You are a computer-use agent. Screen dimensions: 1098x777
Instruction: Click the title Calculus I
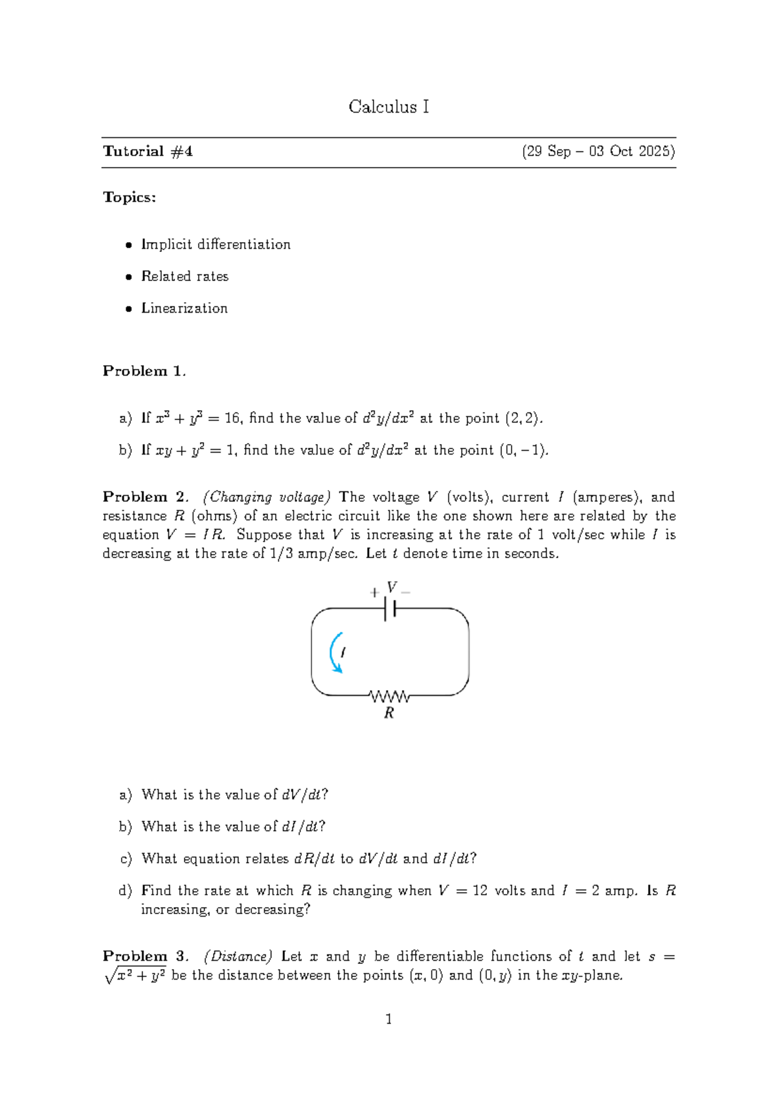pyautogui.click(x=388, y=107)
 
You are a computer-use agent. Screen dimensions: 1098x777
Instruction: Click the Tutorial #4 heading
pyautogui.click(x=148, y=151)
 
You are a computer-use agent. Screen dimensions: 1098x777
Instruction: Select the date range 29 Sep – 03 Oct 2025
pyautogui.click(x=598, y=151)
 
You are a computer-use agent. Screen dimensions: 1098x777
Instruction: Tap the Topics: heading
pyautogui.click(x=129, y=197)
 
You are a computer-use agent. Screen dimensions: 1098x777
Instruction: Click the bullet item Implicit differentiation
pyautogui.click(x=216, y=245)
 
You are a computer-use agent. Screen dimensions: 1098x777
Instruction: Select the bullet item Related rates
pyautogui.click(x=185, y=276)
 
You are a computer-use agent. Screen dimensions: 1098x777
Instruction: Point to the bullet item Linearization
pyautogui.click(x=185, y=308)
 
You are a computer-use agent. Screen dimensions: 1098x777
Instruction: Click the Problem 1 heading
pyautogui.click(x=144, y=371)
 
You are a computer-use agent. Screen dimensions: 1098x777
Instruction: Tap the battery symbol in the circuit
pyautogui.click(x=390, y=609)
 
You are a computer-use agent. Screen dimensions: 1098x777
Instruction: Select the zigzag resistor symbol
pyautogui.click(x=389, y=697)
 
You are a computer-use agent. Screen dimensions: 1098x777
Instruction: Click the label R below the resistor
pyautogui.click(x=389, y=713)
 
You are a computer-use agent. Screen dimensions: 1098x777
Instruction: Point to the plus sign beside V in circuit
pyautogui.click(x=374, y=592)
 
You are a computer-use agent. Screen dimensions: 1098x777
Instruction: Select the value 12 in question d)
pyautogui.click(x=480, y=891)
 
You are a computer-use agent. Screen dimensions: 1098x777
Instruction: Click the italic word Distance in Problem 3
pyautogui.click(x=238, y=957)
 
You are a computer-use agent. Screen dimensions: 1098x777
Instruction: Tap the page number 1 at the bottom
pyautogui.click(x=388, y=1020)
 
